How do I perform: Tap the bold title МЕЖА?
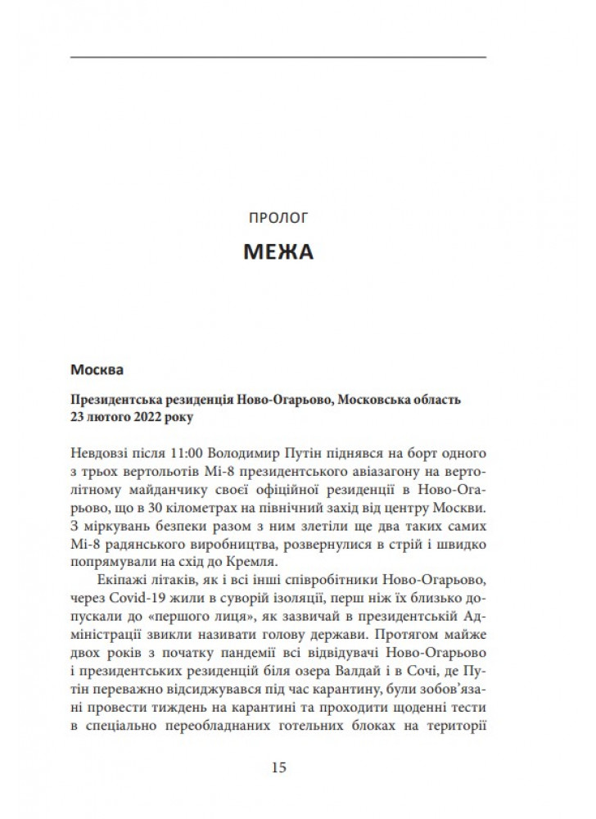[x=278, y=251]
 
